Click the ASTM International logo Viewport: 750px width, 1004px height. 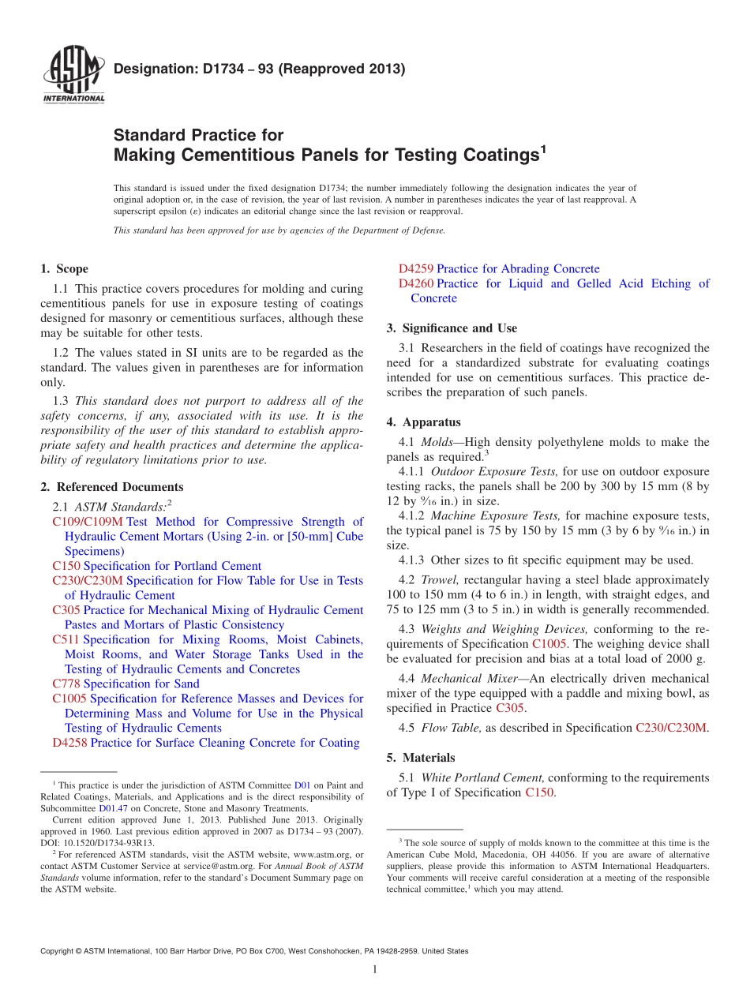coord(73,75)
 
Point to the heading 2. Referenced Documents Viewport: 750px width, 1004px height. coord(111,487)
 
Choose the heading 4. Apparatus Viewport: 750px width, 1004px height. coord(423,422)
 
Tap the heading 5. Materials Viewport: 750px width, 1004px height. coord(421,758)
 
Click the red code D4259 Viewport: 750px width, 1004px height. coord(416,269)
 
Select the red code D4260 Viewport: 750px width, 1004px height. coord(416,283)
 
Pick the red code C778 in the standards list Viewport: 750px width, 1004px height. coord(66,684)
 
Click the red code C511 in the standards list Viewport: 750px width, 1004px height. coord(66,639)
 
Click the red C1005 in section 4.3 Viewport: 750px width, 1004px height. coord(549,644)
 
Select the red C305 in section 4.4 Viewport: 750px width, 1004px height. coord(509,708)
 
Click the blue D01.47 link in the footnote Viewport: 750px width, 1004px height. coord(111,808)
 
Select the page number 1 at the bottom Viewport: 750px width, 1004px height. coord(375,969)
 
